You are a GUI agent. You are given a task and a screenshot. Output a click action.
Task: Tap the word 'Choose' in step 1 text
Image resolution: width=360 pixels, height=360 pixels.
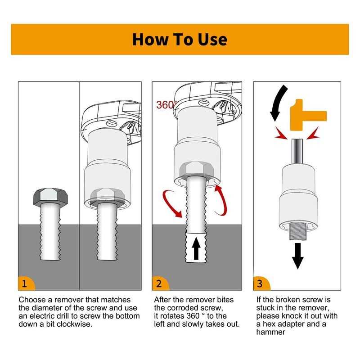pos(31,300)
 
